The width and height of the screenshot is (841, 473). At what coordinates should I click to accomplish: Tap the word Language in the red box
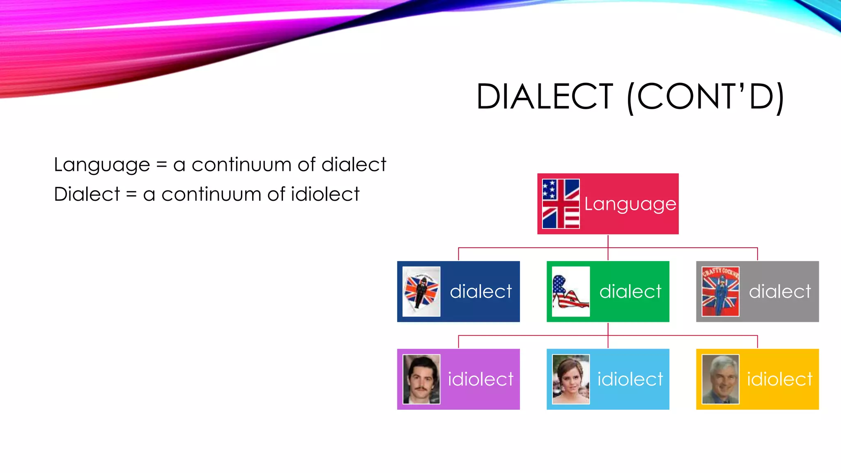click(x=630, y=204)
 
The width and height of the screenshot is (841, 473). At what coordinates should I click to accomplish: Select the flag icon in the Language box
click(x=561, y=204)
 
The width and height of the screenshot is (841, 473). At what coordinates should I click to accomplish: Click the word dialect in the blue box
click(x=481, y=292)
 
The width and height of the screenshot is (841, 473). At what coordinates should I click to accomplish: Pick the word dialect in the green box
click(x=630, y=292)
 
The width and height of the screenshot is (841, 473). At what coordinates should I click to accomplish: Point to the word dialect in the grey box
click(x=780, y=292)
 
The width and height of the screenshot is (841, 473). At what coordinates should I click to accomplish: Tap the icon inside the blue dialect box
click(x=421, y=292)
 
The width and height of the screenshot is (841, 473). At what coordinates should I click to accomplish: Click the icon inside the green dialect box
click(x=571, y=292)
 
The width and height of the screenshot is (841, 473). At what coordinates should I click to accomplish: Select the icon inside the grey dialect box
click(x=720, y=292)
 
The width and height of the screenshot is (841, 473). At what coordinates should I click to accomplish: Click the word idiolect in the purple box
click(x=480, y=379)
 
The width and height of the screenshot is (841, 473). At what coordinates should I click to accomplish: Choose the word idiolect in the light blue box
click(x=630, y=379)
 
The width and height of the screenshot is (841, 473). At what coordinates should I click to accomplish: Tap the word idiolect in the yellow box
click(x=779, y=379)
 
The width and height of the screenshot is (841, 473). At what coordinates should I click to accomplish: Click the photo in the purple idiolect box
click(x=421, y=379)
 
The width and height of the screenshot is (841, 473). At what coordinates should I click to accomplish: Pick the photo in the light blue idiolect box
click(x=571, y=379)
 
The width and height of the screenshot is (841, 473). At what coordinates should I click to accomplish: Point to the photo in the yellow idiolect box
click(x=720, y=379)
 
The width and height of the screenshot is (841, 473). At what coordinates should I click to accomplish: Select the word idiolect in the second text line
click(x=325, y=194)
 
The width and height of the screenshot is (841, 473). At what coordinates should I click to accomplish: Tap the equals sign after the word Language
click(x=162, y=165)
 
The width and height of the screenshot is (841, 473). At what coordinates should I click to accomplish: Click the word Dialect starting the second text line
click(x=87, y=194)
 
